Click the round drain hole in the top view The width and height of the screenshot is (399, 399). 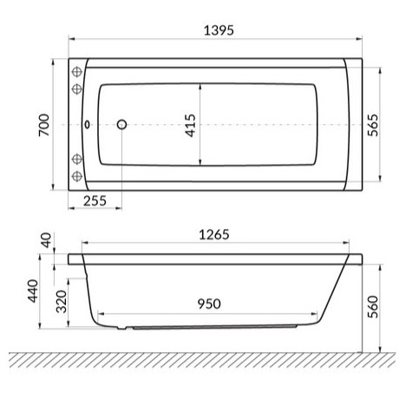(121, 124)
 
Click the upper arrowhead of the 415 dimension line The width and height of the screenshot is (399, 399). (201, 86)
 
